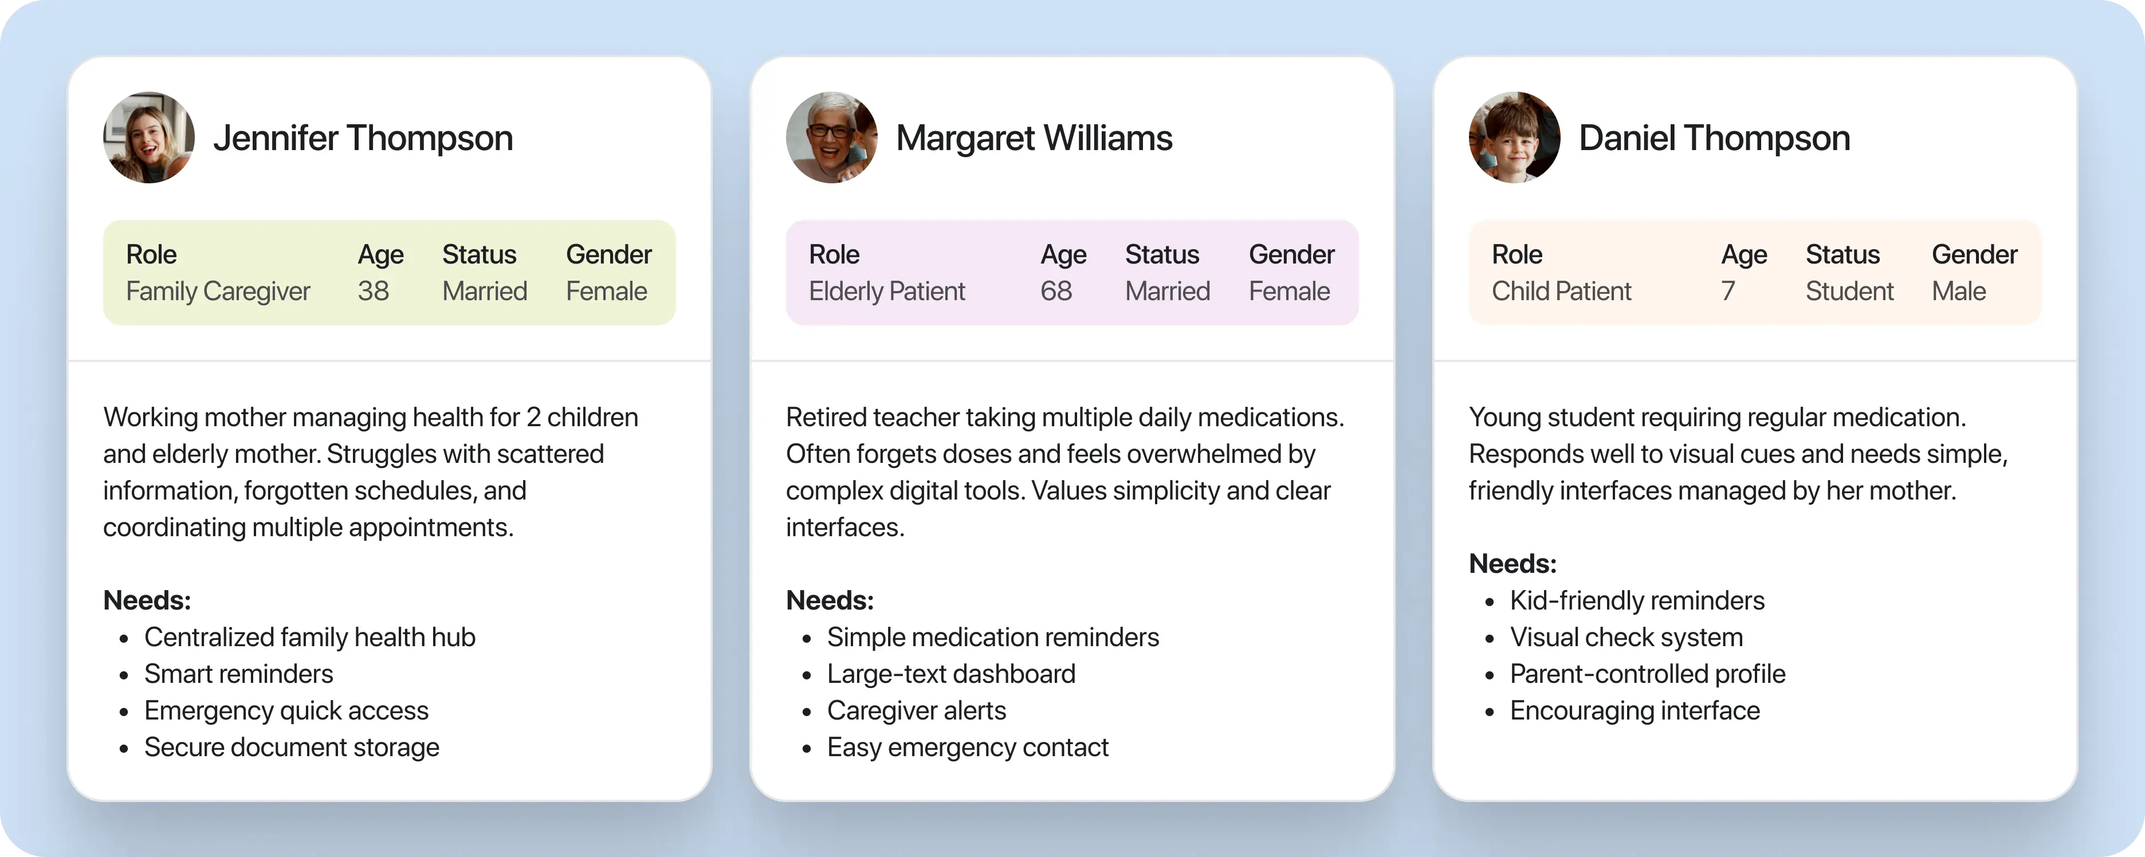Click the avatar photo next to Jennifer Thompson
pyautogui.click(x=149, y=137)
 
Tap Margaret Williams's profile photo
pyautogui.click(x=831, y=137)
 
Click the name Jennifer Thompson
pyautogui.click(x=363, y=138)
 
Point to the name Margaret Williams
pyautogui.click(x=1034, y=138)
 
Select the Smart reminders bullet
pyautogui.click(x=238, y=674)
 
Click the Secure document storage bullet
pyautogui.click(x=292, y=747)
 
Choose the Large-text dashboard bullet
pyautogui.click(x=951, y=674)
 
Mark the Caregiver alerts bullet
pyautogui.click(x=916, y=710)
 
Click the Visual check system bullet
pyautogui.click(x=1625, y=637)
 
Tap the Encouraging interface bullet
pyautogui.click(x=1635, y=710)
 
